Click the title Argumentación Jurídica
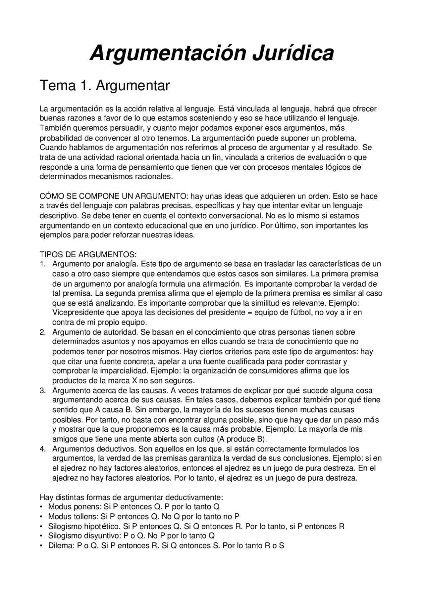pos(212,53)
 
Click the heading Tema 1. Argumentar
pos(105,86)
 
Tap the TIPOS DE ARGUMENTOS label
pos(88,255)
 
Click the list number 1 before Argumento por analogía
pos(42,264)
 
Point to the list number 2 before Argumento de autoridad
pos(42,332)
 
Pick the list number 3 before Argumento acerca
pos(42,391)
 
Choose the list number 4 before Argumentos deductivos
pos(42,449)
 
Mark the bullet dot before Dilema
pos(41,546)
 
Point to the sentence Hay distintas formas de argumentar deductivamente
pos(132,497)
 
